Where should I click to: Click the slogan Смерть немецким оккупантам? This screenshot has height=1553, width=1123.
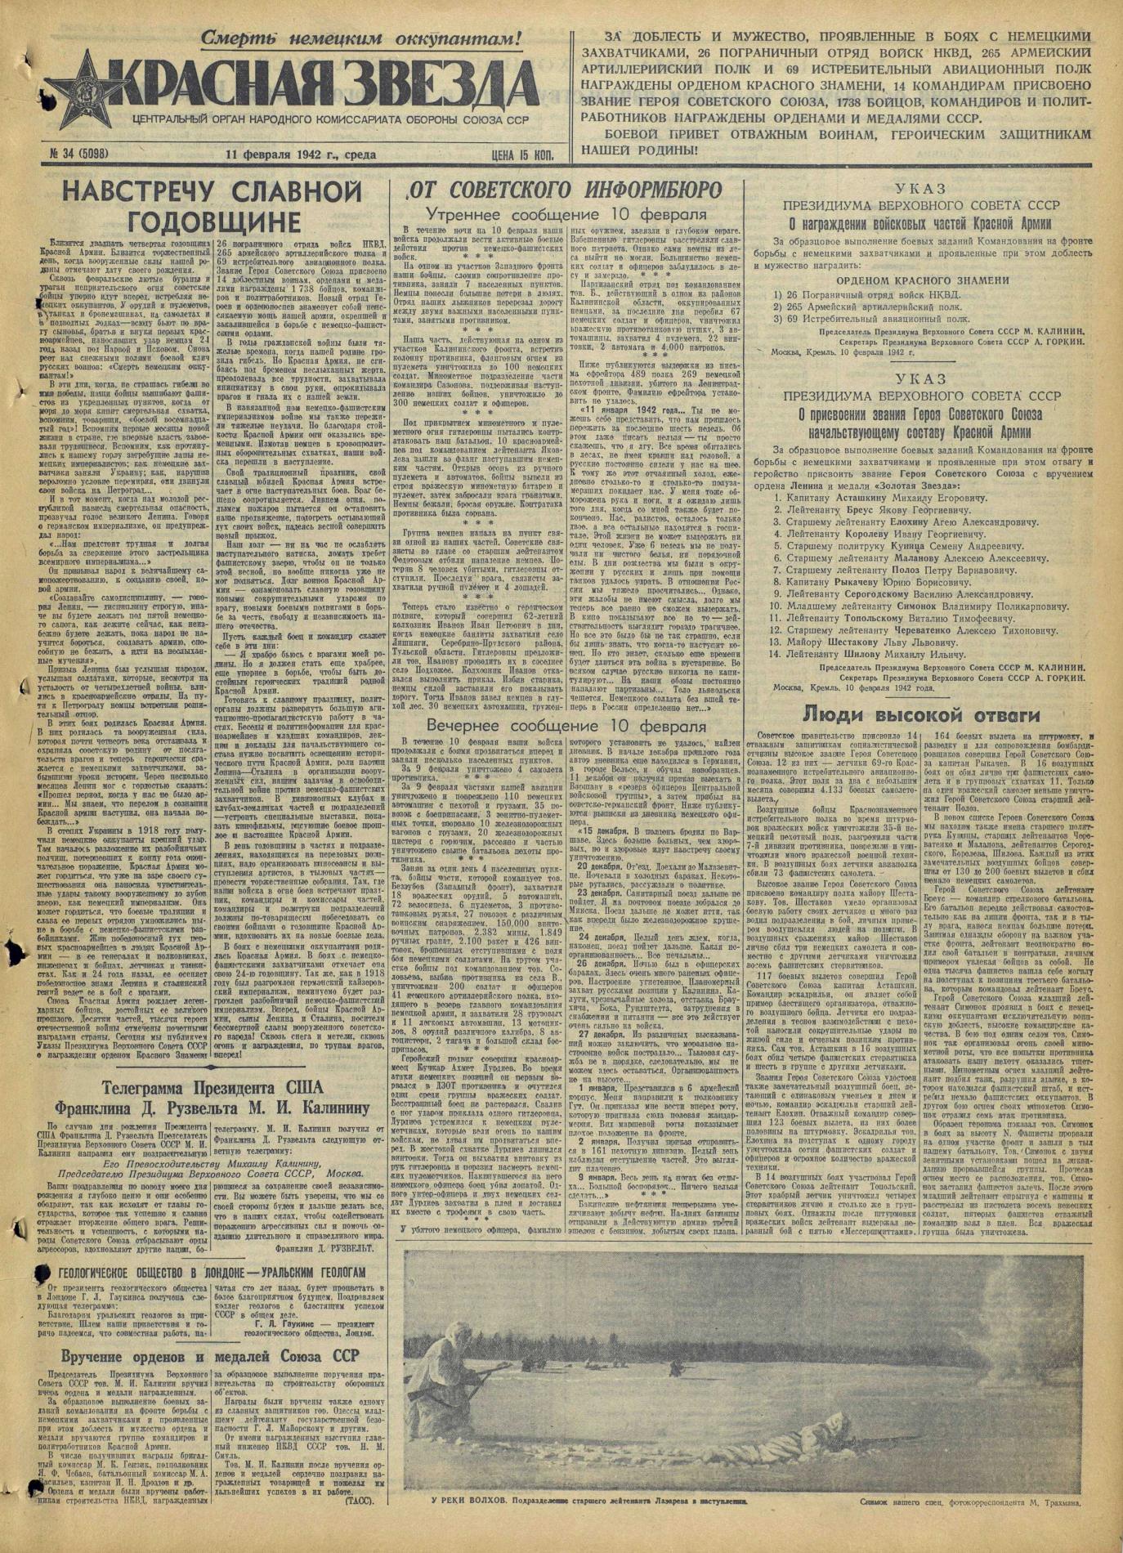tap(360, 38)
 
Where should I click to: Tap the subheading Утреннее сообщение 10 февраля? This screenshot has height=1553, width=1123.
tap(566, 216)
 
